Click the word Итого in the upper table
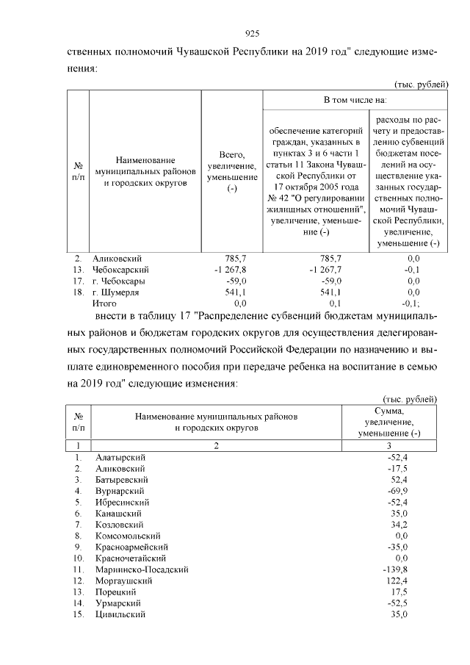point(104,303)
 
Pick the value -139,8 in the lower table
point(394,569)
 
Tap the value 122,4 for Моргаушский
point(395,580)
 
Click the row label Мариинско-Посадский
point(142,569)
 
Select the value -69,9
point(395,490)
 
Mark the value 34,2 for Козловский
point(397,524)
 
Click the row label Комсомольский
point(128,536)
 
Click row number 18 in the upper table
point(77,292)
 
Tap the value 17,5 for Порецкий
point(398,592)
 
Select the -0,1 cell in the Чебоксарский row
point(413,270)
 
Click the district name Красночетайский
point(131,558)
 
